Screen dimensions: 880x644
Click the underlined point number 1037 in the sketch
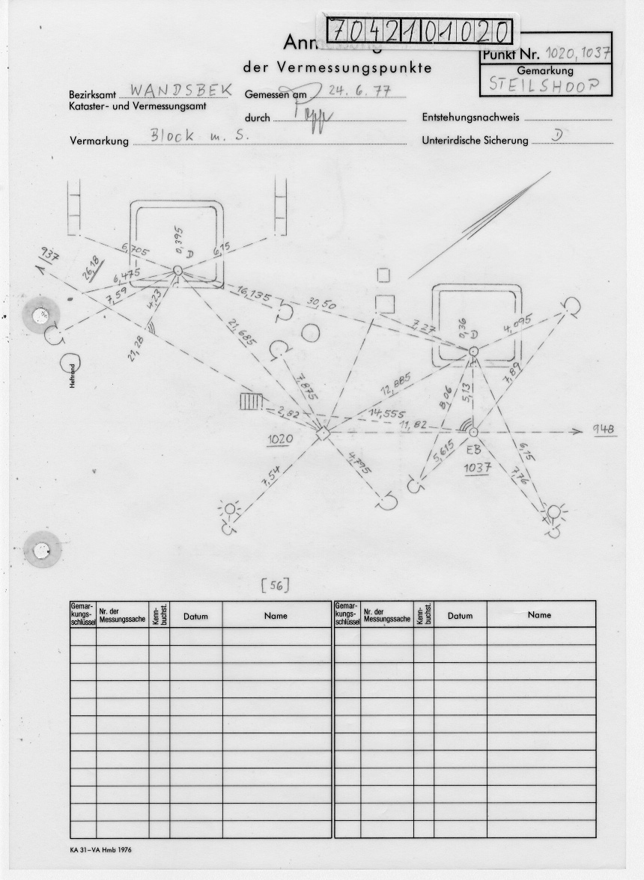[477, 468]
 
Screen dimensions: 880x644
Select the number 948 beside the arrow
[604, 430]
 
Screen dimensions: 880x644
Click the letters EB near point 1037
[473, 450]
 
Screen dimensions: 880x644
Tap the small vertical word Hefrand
[73, 378]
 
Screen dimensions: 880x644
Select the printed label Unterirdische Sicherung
[475, 141]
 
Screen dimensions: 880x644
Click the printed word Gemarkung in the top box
[544, 70]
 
